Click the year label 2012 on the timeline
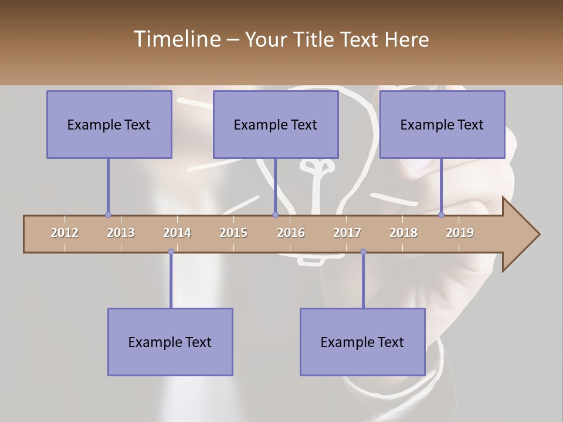[65, 233]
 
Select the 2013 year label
[121, 233]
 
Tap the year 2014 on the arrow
[177, 233]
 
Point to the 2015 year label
[233, 233]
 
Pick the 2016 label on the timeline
[291, 233]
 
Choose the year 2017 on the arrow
[347, 233]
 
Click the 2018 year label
[403, 233]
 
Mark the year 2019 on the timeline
[460, 233]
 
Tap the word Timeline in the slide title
[176, 39]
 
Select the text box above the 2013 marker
[109, 124]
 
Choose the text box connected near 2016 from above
[276, 124]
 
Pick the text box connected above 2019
[442, 124]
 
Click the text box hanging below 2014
[170, 342]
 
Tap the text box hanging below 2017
[362, 342]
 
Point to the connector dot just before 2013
[108, 215]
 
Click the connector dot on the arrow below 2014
[171, 252]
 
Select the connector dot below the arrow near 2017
[363, 252]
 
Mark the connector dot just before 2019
[441, 215]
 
